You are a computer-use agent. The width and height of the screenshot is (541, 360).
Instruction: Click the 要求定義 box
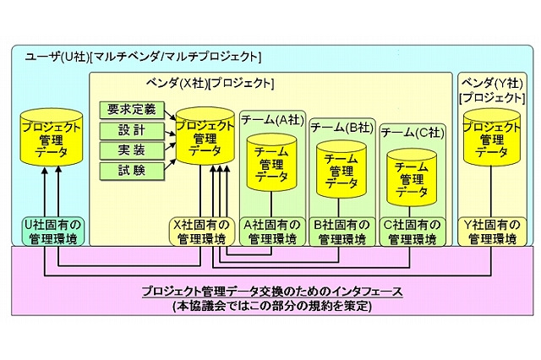coord(131,111)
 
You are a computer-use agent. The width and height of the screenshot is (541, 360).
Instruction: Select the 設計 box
coord(131,131)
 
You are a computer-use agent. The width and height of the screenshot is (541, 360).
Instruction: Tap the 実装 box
coord(131,150)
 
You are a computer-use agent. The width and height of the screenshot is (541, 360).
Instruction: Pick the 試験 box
coord(131,171)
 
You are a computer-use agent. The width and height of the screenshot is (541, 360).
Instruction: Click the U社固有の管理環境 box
coord(49,232)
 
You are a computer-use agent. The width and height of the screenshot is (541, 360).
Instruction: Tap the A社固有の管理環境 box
coord(270,232)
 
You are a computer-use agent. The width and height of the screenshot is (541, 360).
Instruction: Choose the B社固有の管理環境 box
coord(340,232)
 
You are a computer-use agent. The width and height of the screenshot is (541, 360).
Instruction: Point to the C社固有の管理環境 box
coord(412,232)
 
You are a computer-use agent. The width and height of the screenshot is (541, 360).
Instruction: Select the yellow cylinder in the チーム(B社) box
coord(341,169)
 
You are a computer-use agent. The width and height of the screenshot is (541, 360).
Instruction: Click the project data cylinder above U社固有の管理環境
coord(49,138)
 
